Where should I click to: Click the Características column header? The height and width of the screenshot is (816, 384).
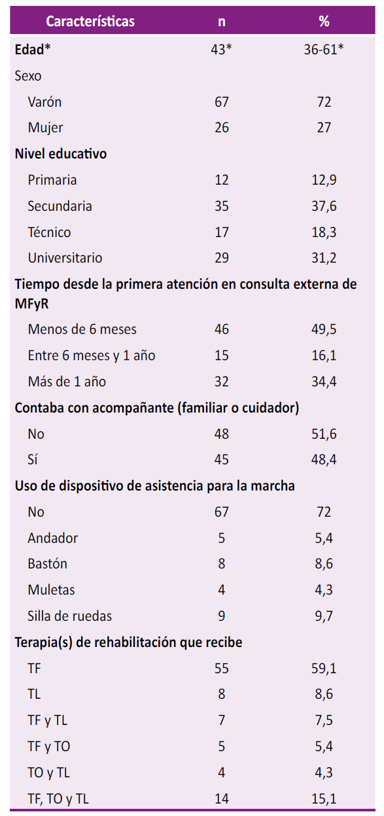pyautogui.click(x=90, y=21)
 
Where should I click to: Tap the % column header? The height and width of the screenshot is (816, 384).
pyautogui.click(x=324, y=21)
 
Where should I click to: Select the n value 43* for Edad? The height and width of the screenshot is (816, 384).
pyautogui.click(x=221, y=49)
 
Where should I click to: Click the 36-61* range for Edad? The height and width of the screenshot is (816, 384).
pyautogui.click(x=324, y=49)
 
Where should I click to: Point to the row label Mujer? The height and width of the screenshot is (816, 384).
pyautogui.click(x=46, y=128)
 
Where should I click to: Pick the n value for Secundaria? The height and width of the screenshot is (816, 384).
pyautogui.click(x=221, y=206)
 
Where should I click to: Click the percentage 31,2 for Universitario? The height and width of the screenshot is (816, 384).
pyautogui.click(x=324, y=258)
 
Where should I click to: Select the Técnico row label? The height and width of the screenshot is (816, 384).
pyautogui.click(x=50, y=232)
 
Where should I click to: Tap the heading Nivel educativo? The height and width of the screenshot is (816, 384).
pyautogui.click(x=61, y=154)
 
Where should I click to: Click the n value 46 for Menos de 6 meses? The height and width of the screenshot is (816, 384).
pyautogui.click(x=221, y=329)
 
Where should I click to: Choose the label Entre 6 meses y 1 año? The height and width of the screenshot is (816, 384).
pyautogui.click(x=92, y=356)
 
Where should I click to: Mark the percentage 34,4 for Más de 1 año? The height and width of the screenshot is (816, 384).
pyautogui.click(x=324, y=382)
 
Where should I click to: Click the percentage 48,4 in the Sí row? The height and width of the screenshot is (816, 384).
pyautogui.click(x=324, y=460)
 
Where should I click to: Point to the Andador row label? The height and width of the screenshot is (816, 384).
pyautogui.click(x=53, y=538)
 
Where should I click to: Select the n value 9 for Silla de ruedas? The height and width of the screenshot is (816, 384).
pyautogui.click(x=221, y=616)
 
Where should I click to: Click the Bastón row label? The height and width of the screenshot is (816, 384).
pyautogui.click(x=48, y=564)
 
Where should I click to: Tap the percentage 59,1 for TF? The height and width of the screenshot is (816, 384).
pyautogui.click(x=324, y=669)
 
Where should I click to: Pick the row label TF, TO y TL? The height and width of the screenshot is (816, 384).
pyautogui.click(x=58, y=799)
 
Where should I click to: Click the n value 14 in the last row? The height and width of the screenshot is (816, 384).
pyautogui.click(x=221, y=799)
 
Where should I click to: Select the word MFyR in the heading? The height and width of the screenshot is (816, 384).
pyautogui.click(x=31, y=304)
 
